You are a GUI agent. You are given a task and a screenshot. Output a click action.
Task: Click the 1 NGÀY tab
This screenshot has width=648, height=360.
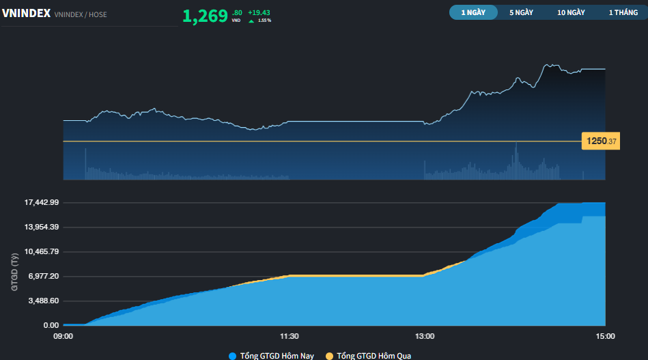click(x=473, y=12)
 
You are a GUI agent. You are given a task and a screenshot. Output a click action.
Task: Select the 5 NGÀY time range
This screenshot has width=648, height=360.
click(x=521, y=12)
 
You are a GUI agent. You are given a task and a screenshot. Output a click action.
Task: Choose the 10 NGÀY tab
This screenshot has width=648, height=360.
click(x=571, y=12)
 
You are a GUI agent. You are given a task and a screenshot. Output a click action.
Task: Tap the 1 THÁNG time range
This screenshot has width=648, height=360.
click(x=623, y=12)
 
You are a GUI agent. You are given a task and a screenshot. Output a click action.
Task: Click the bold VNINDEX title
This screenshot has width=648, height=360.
click(x=26, y=13)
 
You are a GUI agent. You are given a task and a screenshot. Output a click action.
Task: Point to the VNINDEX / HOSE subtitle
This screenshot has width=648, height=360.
click(x=81, y=14)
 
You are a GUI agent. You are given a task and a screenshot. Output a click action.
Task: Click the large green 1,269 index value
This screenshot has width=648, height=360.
click(x=205, y=16)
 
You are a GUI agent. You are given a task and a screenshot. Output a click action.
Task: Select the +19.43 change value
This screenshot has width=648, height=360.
click(x=259, y=13)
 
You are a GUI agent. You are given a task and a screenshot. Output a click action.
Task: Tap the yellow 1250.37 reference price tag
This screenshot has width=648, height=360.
click(x=600, y=141)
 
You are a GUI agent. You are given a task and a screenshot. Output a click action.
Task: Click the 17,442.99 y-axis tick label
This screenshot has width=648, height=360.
click(x=42, y=202)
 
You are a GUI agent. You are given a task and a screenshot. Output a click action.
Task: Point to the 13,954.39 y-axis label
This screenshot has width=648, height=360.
click(x=42, y=227)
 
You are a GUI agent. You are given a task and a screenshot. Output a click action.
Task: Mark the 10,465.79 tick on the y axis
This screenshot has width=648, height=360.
click(x=42, y=251)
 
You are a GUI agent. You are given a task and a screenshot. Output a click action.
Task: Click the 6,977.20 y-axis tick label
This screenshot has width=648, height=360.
click(x=44, y=276)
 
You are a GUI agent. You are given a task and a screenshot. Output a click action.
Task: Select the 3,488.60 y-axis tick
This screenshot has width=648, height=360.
click(x=44, y=301)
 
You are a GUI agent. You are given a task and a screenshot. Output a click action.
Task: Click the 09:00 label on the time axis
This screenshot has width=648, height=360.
click(x=64, y=336)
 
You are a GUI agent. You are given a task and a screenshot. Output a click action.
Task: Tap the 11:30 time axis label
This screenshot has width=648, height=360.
click(x=290, y=336)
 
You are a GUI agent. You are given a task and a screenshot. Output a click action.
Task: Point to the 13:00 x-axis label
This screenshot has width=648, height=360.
click(x=425, y=336)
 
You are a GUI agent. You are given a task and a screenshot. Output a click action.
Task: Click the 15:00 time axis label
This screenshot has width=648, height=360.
click(x=606, y=336)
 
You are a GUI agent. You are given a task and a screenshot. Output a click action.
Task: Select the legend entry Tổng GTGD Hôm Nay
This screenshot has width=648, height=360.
click(x=272, y=356)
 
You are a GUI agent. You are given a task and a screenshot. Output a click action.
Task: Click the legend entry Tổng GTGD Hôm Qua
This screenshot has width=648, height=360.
click(x=369, y=356)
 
